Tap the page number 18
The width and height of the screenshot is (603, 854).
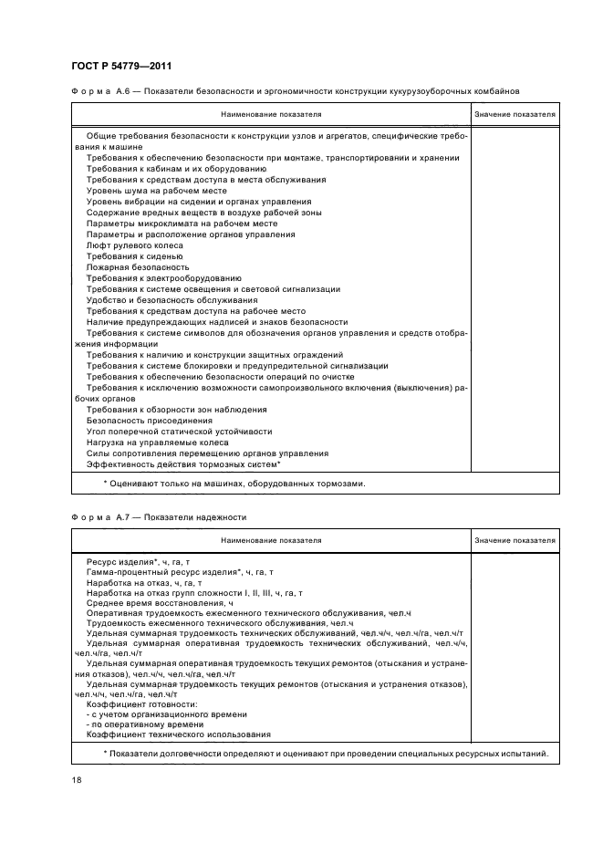coord(76,782)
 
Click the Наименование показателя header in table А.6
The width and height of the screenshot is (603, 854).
coord(269,115)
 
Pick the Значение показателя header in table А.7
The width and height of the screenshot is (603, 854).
coord(515,540)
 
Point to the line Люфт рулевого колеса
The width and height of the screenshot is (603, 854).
coord(135,245)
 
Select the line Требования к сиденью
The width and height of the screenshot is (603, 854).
coord(133,256)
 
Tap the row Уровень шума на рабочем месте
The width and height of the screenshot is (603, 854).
coord(157,191)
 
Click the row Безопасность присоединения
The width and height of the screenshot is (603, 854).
coord(143,421)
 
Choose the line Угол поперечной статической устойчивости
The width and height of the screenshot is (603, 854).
coord(180,432)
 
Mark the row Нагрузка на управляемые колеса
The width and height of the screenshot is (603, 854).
coord(158,443)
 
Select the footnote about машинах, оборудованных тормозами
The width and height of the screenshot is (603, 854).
coord(234,484)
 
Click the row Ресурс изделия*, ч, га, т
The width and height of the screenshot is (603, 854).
coord(138,563)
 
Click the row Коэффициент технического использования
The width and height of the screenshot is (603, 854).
coord(179,735)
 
